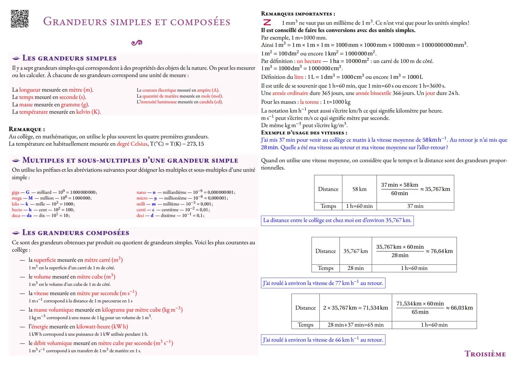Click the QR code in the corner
(20, 19)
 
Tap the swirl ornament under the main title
(137, 43)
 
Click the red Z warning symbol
(267, 23)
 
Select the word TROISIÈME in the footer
(485, 354)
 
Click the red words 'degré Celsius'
(132, 144)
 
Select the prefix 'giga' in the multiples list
(16, 192)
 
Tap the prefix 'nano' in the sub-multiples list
(141, 192)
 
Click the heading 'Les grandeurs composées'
(75, 233)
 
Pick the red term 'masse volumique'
(53, 310)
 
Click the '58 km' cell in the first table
(359, 189)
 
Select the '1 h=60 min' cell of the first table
(359, 206)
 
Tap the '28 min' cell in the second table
(355, 268)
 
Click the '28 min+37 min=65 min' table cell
(355, 325)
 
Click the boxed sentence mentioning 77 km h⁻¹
(323, 283)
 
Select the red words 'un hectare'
(309, 61)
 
